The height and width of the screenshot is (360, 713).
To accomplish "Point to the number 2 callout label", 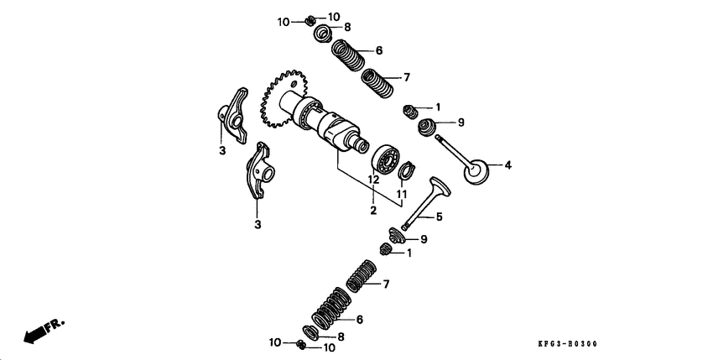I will (x=373, y=211).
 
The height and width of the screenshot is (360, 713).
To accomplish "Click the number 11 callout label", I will (x=401, y=194).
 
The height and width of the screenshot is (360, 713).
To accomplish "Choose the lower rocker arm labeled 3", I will (x=262, y=172).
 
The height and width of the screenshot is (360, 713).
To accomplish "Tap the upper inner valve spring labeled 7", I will (x=378, y=84).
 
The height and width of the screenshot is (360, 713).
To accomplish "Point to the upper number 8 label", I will (x=347, y=27).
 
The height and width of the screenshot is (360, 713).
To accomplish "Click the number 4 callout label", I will (x=507, y=164).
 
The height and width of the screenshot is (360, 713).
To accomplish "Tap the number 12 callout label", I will (x=374, y=180).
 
